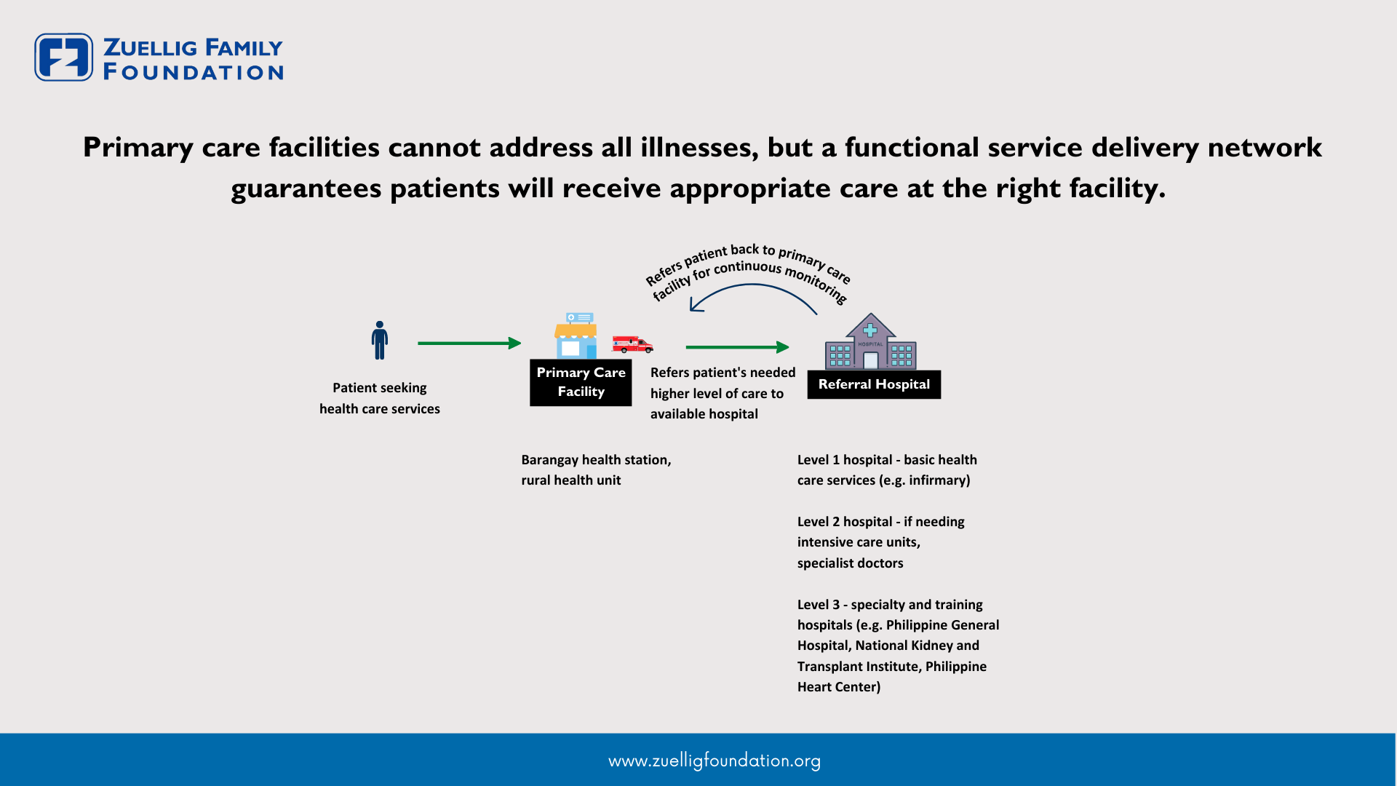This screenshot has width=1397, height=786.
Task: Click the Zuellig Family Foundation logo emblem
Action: [64, 57]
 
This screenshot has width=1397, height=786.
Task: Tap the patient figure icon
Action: [379, 341]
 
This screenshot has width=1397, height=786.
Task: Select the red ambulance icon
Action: [632, 344]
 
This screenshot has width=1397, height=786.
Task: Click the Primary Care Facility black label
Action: [581, 382]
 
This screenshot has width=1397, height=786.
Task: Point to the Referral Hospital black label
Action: [874, 384]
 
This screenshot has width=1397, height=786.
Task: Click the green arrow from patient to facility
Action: [469, 343]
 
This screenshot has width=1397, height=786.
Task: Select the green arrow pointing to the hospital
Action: [738, 347]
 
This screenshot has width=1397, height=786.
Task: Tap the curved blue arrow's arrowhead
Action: [696, 304]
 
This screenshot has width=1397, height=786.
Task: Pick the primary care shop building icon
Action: [576, 336]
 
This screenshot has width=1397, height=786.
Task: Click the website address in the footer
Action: [715, 761]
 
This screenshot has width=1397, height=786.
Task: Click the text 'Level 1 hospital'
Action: [845, 460]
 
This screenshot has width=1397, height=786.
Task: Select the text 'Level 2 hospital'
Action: [845, 522]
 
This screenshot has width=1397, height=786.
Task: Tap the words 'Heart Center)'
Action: [839, 687]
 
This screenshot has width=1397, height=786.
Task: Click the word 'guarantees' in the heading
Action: [306, 189]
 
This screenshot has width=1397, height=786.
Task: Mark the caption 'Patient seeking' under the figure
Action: [380, 388]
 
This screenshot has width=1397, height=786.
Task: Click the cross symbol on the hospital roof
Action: [870, 330]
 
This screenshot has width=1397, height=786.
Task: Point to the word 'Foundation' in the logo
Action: [194, 72]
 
